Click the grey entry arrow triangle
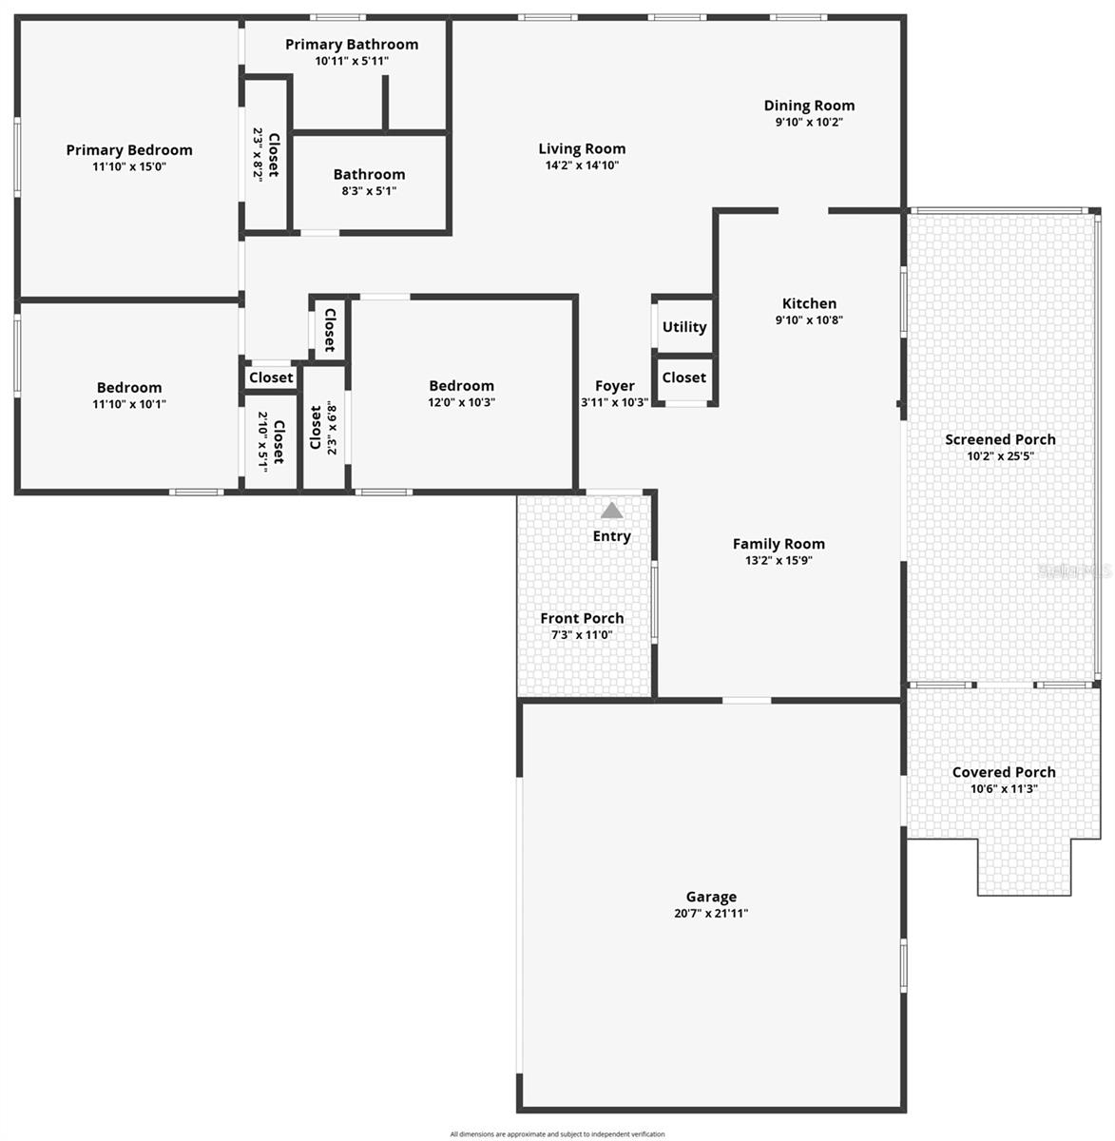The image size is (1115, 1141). point(611,511)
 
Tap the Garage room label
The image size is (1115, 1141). point(711,897)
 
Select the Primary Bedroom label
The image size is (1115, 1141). point(129,150)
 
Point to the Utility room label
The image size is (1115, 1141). point(684,327)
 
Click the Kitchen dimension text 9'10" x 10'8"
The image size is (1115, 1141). point(809,320)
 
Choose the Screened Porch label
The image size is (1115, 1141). point(1000,439)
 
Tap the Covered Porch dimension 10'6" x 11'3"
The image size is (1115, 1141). point(1004,788)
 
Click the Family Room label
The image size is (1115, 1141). point(779,544)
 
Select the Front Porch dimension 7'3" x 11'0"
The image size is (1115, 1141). point(582,634)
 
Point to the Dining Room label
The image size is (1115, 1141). point(809,106)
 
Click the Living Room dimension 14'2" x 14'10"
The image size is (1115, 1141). point(582,164)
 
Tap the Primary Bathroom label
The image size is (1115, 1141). point(352,45)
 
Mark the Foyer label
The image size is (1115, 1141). point(615,386)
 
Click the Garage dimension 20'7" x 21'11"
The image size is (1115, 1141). point(711,914)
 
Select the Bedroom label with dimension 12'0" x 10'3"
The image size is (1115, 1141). point(461,386)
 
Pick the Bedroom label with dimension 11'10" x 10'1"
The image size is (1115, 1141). point(129,388)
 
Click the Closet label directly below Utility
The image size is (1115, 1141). point(684,377)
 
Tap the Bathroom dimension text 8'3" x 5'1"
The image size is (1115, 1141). point(369,190)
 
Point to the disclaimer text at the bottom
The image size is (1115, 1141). point(557,1133)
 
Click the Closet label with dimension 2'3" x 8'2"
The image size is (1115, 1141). point(273,154)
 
